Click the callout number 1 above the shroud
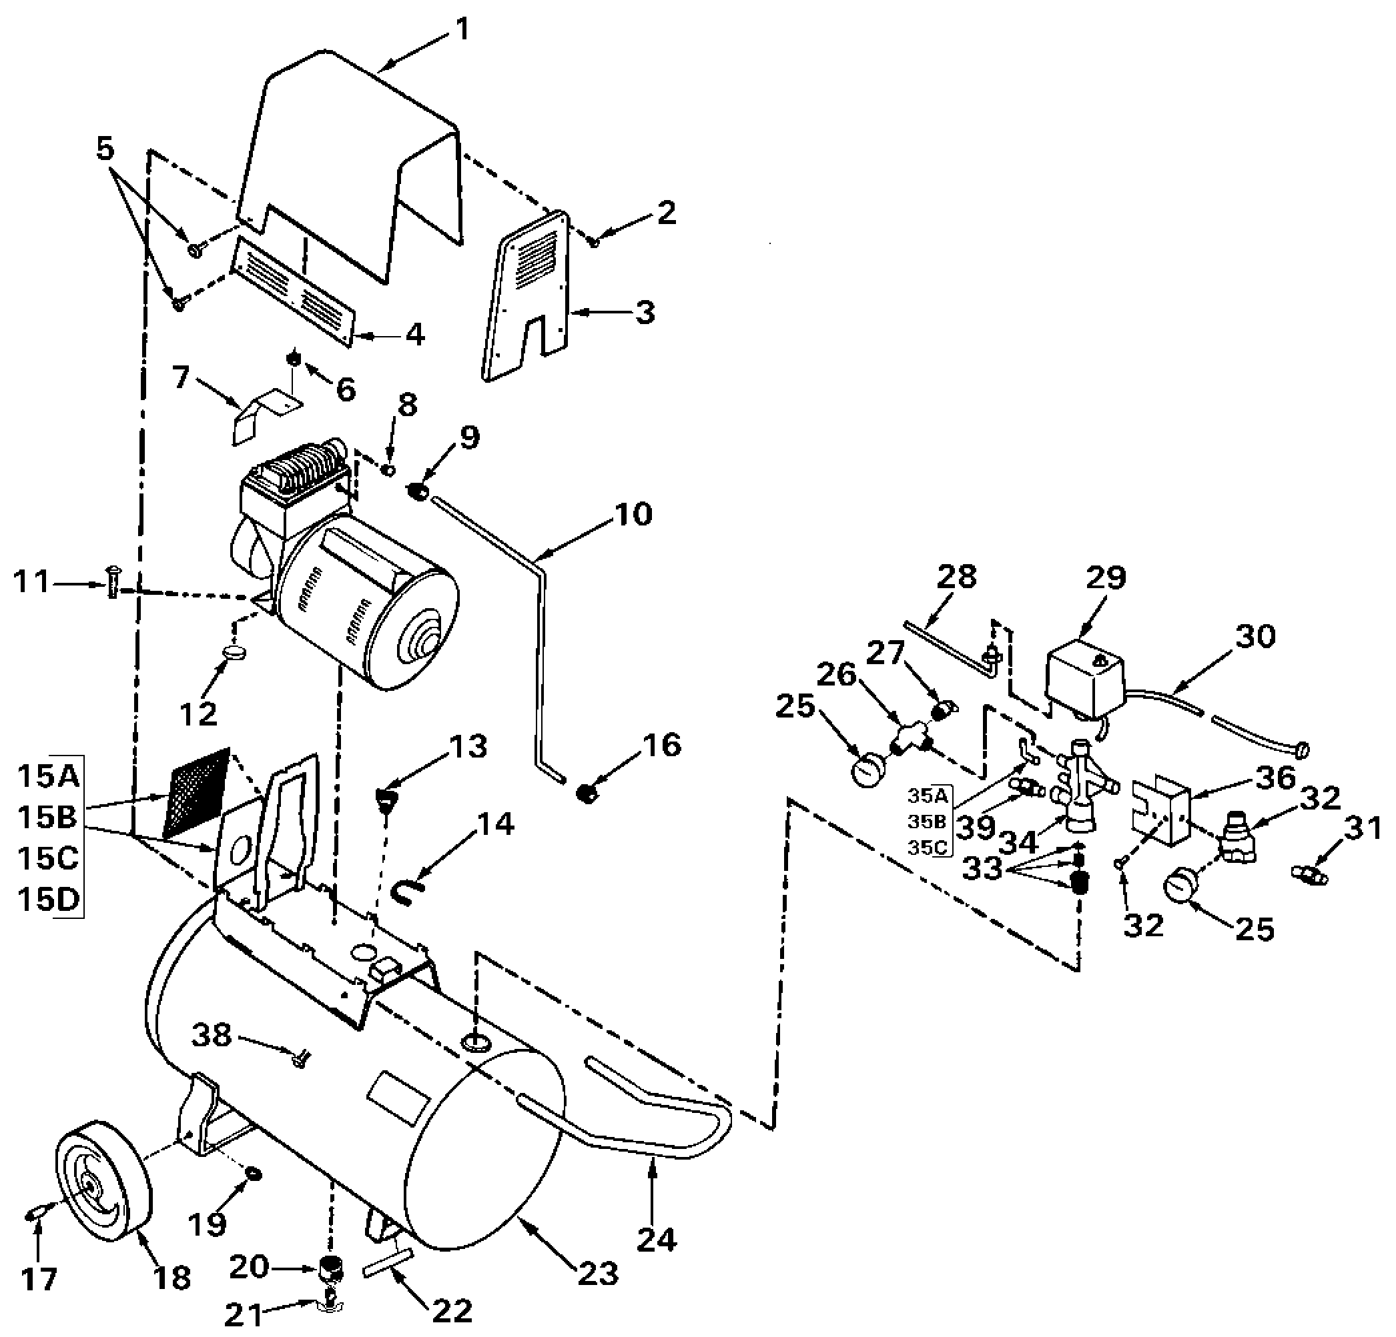(x=462, y=29)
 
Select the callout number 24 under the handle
(x=656, y=1240)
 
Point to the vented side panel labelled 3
(x=527, y=296)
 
